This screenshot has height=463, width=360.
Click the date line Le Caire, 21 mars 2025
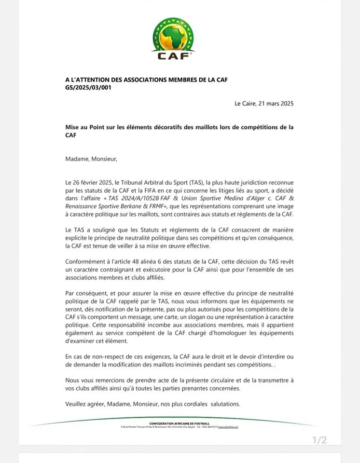pos(264,103)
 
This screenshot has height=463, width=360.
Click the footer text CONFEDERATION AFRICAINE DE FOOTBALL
pos(180,423)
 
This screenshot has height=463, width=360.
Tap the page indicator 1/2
pos(319,439)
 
